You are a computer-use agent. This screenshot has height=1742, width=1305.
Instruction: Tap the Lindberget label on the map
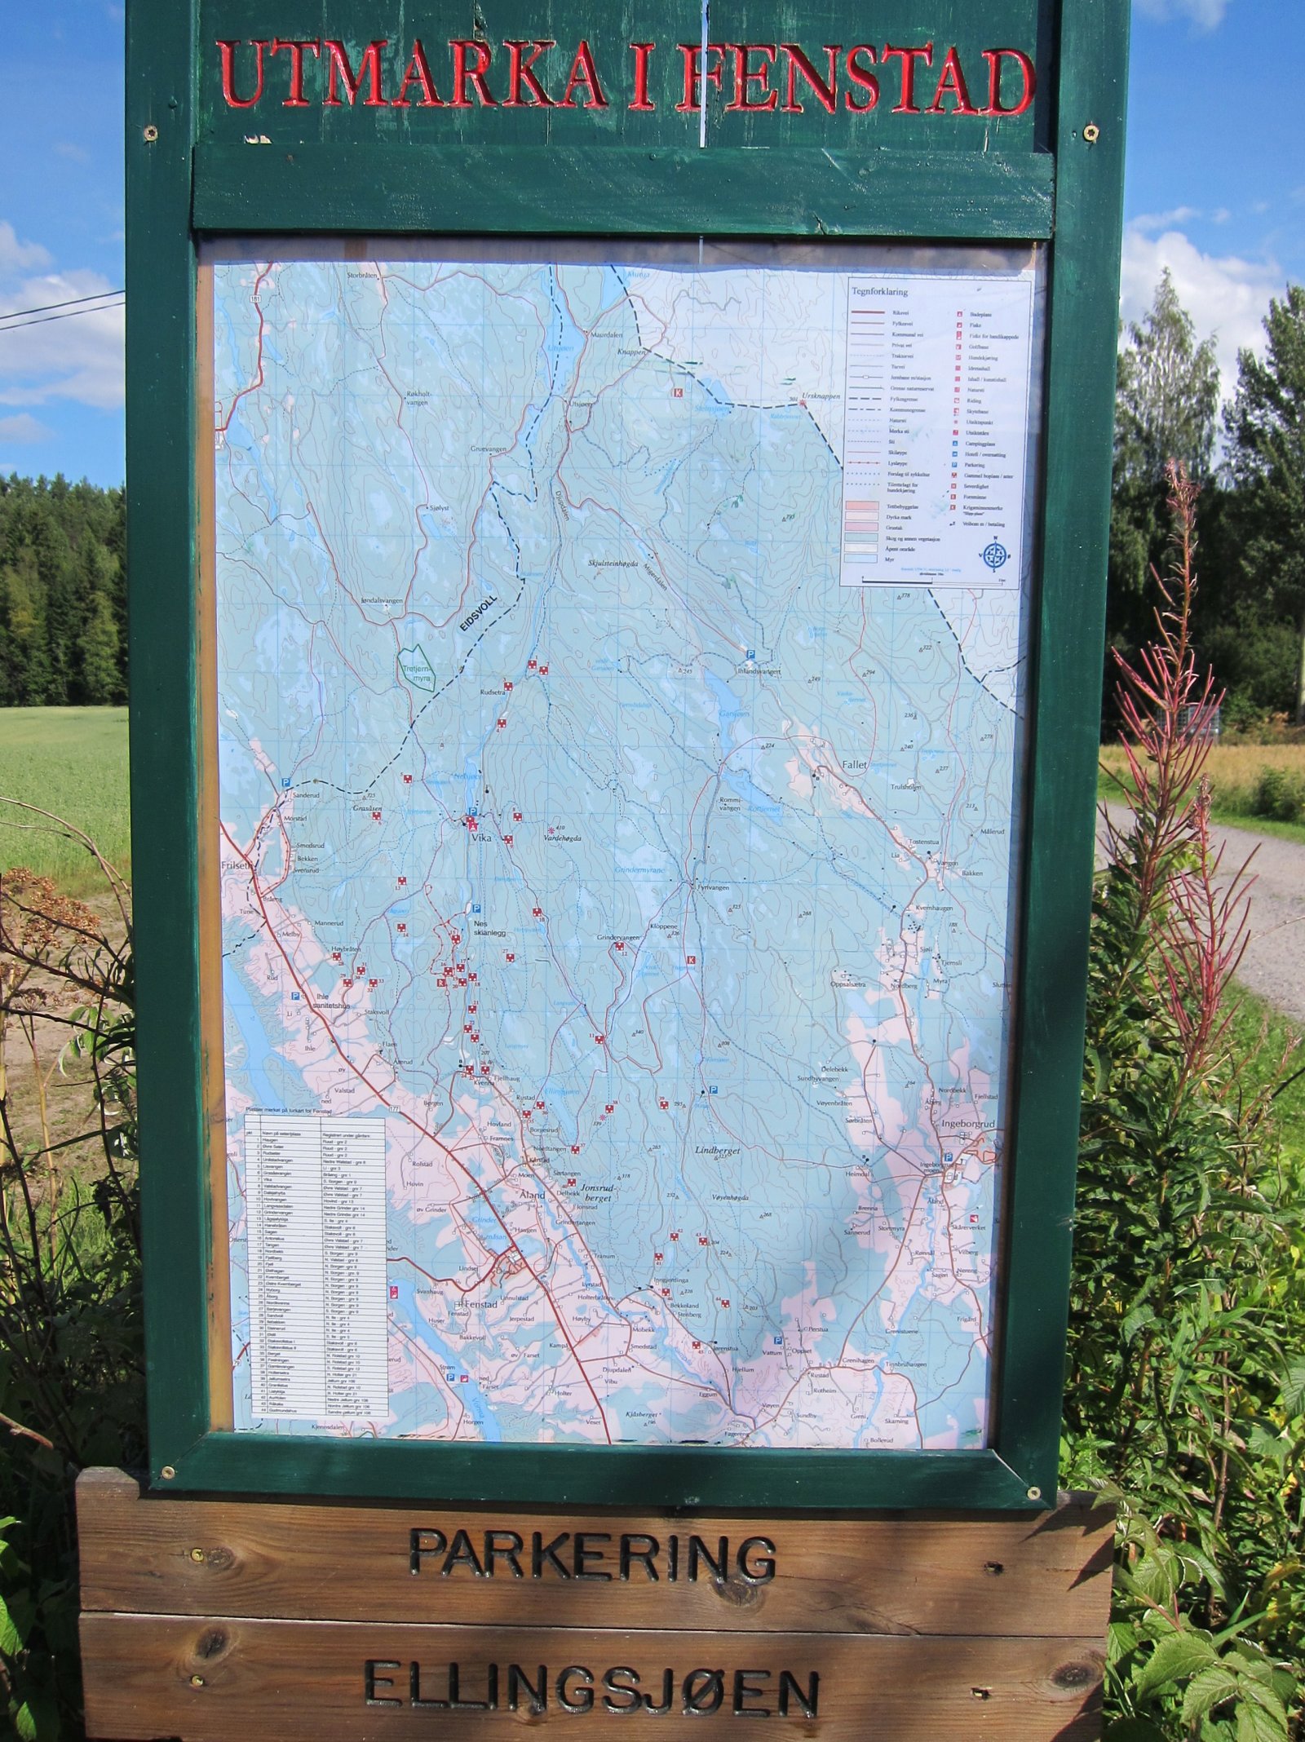tap(717, 1149)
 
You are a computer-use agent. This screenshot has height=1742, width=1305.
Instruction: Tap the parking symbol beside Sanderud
tap(285, 782)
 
